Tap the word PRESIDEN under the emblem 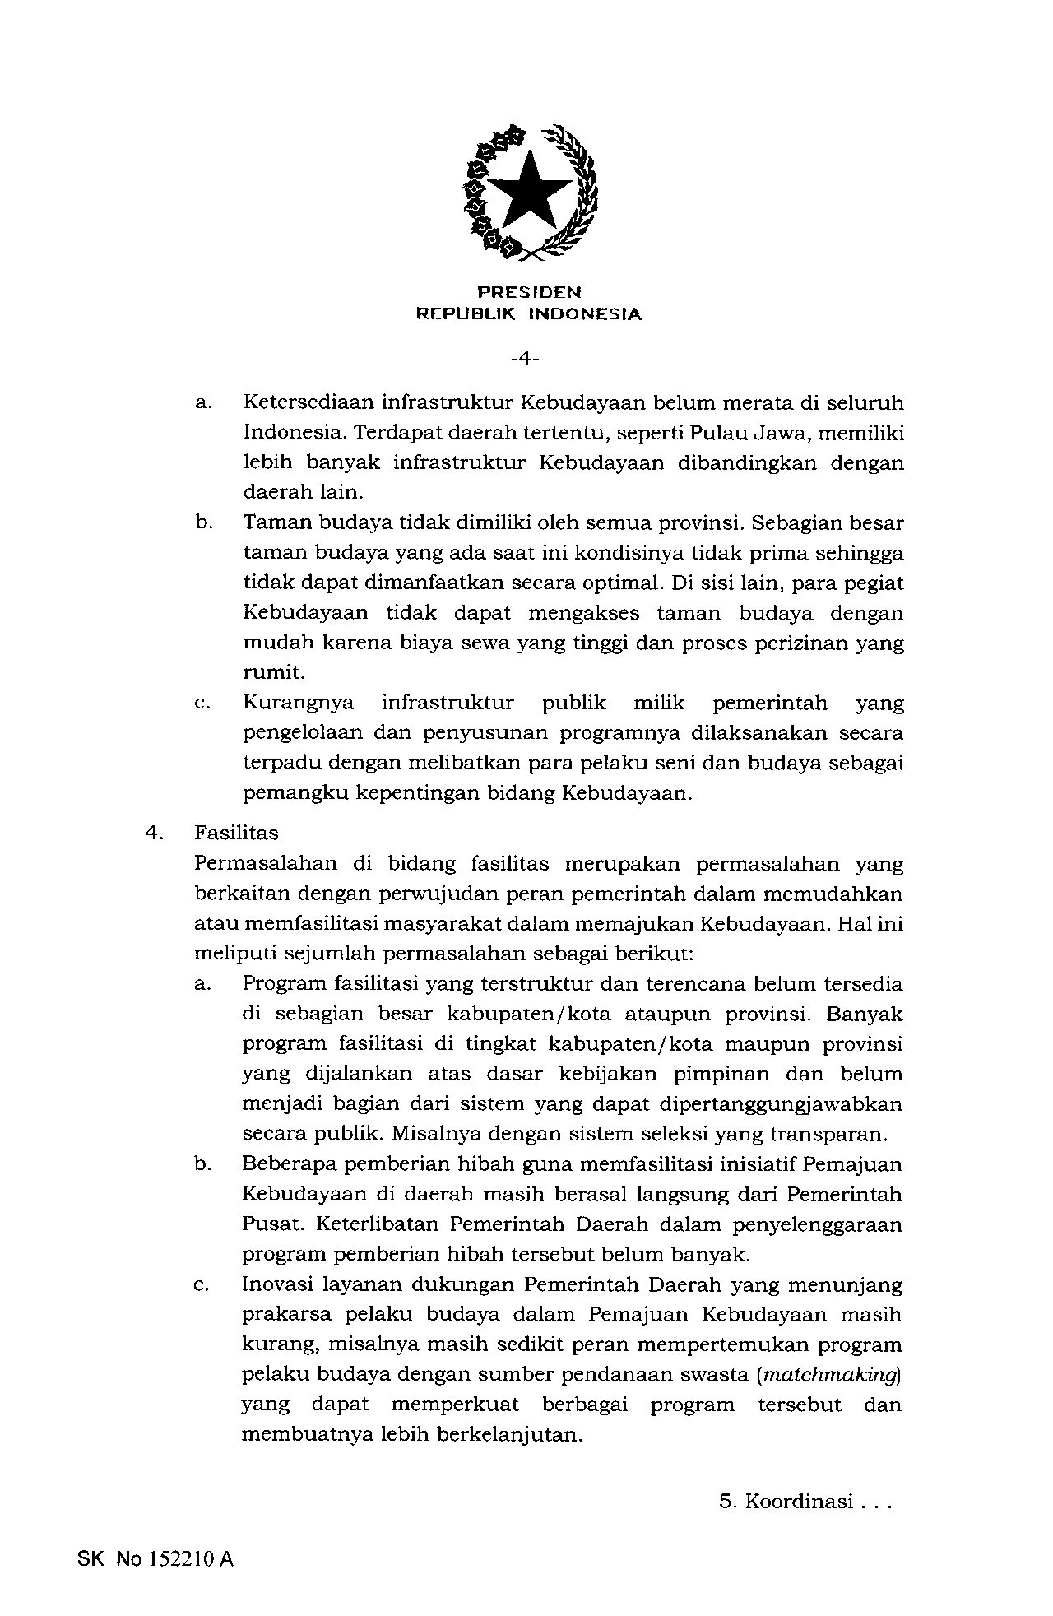coord(529,292)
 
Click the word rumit coord(273,673)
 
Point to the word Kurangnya coord(299,704)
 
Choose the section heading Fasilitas coord(237,833)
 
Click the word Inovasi coord(277,1284)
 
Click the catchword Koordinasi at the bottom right coord(798,1502)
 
